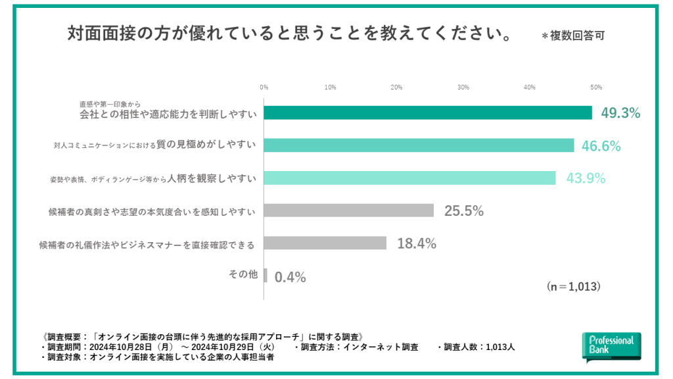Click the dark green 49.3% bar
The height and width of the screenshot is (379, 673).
(x=427, y=113)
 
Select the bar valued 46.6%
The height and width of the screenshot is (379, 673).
(x=419, y=145)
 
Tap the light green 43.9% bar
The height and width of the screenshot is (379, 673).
(x=409, y=178)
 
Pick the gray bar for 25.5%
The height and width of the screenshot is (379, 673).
(x=348, y=211)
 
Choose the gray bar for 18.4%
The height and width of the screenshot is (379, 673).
(x=325, y=243)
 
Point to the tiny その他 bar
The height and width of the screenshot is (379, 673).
(x=266, y=275)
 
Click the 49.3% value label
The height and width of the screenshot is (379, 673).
(x=620, y=113)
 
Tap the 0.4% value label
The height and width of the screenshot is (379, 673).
(x=290, y=277)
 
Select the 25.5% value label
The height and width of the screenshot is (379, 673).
(x=464, y=211)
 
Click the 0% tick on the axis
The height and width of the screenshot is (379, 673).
(x=264, y=87)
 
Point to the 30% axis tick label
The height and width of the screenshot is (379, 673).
(x=463, y=87)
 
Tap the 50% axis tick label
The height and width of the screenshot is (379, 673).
(x=596, y=87)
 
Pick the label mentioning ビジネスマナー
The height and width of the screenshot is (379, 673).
(x=147, y=244)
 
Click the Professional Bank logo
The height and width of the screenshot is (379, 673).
(x=611, y=346)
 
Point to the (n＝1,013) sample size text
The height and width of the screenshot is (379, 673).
(x=573, y=287)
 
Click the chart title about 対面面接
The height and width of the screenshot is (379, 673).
(x=290, y=34)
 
